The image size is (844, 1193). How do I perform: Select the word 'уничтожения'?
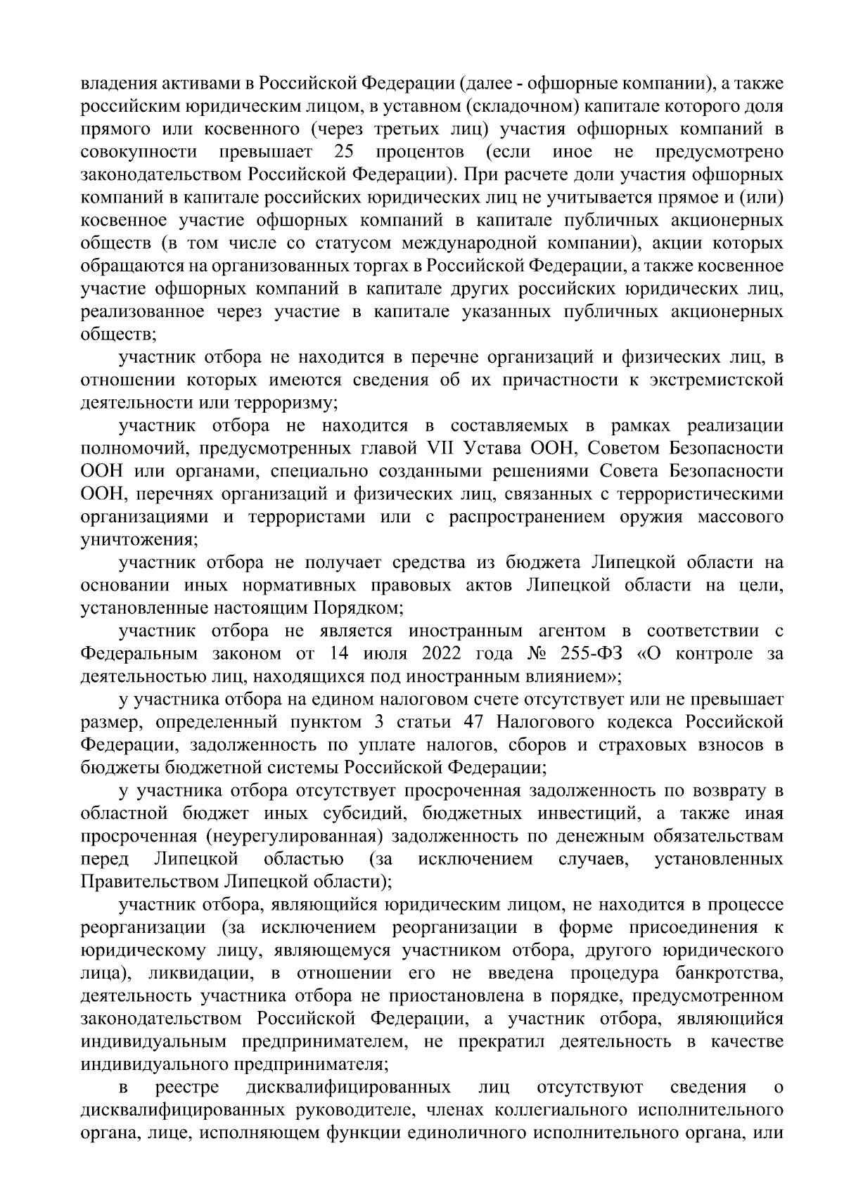click(x=139, y=540)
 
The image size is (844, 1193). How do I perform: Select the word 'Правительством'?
click(x=150, y=881)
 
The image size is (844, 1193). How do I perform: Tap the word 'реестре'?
click(x=186, y=1088)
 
